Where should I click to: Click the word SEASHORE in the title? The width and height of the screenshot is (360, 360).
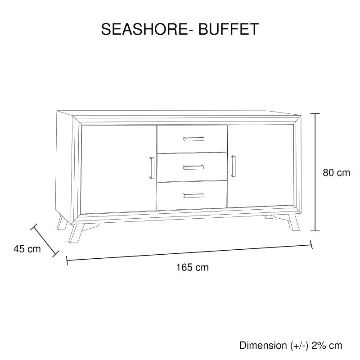click(x=144, y=29)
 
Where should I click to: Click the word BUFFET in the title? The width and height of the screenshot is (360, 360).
click(x=229, y=29)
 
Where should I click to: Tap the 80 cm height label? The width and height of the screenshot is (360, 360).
click(x=336, y=173)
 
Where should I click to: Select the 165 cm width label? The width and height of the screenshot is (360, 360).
click(x=193, y=267)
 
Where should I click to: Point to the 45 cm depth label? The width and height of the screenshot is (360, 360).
click(x=27, y=249)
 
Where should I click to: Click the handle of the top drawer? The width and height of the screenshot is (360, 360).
click(x=193, y=139)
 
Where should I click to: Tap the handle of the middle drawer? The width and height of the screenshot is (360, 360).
click(x=193, y=167)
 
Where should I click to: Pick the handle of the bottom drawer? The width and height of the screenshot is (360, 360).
click(x=193, y=195)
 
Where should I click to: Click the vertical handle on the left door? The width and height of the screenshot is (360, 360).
click(x=152, y=168)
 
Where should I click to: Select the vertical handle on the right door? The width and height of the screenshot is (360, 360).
click(x=233, y=166)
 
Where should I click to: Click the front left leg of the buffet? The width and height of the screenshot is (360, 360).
click(x=76, y=233)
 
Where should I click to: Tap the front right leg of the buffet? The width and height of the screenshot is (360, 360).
click(x=294, y=222)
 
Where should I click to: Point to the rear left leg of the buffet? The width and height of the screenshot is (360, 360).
click(x=62, y=222)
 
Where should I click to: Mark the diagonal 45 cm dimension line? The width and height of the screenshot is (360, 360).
click(x=45, y=240)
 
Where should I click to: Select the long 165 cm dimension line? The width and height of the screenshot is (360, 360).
click(x=189, y=253)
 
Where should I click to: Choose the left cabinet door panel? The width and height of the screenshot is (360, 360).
click(x=118, y=170)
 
